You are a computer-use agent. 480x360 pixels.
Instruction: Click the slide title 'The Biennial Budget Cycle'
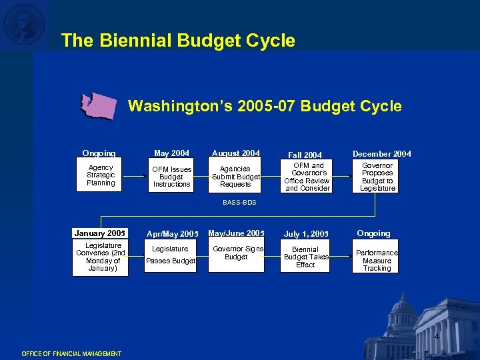178,41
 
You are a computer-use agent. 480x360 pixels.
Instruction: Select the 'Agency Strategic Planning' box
101,175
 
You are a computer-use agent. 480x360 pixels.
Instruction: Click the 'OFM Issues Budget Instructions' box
171,177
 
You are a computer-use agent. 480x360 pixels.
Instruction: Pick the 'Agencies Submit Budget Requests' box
235,177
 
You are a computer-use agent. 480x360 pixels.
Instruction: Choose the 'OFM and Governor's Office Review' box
307,177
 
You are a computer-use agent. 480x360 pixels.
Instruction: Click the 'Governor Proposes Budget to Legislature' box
377,177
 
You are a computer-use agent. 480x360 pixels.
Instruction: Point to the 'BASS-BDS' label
239,202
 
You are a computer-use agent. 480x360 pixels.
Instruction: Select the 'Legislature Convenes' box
101,257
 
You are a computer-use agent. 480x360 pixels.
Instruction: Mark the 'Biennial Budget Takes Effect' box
305,256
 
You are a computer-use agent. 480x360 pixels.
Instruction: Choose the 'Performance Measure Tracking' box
377,260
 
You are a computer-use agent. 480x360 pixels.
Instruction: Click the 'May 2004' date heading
171,153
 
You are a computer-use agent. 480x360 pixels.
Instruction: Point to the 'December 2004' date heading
382,154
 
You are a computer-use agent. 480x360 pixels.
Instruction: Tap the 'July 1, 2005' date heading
306,234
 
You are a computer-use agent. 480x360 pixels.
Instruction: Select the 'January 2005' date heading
100,233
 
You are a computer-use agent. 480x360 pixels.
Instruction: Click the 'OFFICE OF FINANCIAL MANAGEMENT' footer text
71,353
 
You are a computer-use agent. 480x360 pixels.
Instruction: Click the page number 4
436,337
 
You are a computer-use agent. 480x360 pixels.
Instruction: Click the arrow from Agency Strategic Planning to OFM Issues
135,176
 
